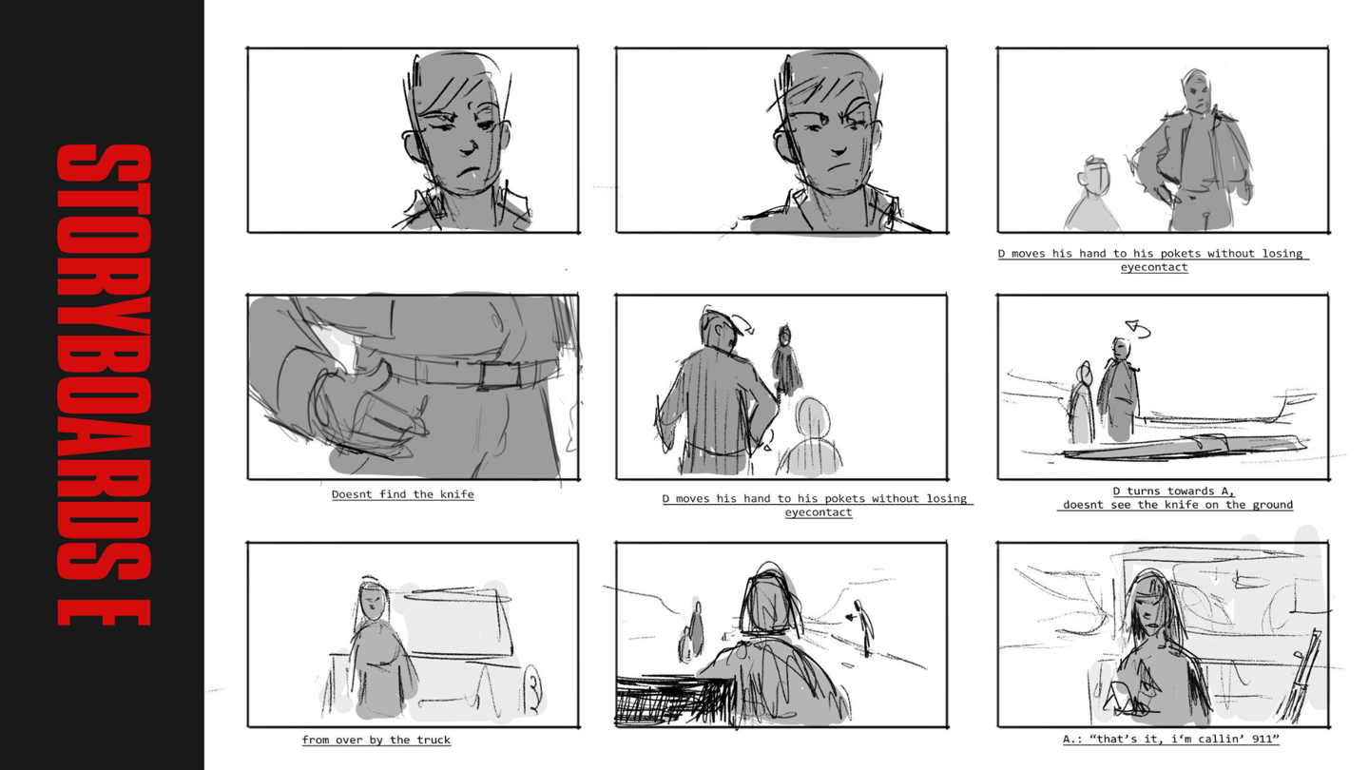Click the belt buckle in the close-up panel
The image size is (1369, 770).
point(500,375)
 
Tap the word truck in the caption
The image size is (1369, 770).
point(434,740)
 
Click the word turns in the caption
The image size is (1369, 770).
point(1144,491)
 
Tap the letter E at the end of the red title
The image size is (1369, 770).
point(104,613)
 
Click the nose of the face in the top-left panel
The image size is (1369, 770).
point(470,146)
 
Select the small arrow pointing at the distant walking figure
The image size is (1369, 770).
point(851,618)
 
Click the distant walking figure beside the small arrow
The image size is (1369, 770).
point(865,628)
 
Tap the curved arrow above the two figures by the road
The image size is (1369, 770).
point(1138,329)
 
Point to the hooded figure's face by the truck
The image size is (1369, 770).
point(374,602)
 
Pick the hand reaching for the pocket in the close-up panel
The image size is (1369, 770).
point(369,411)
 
